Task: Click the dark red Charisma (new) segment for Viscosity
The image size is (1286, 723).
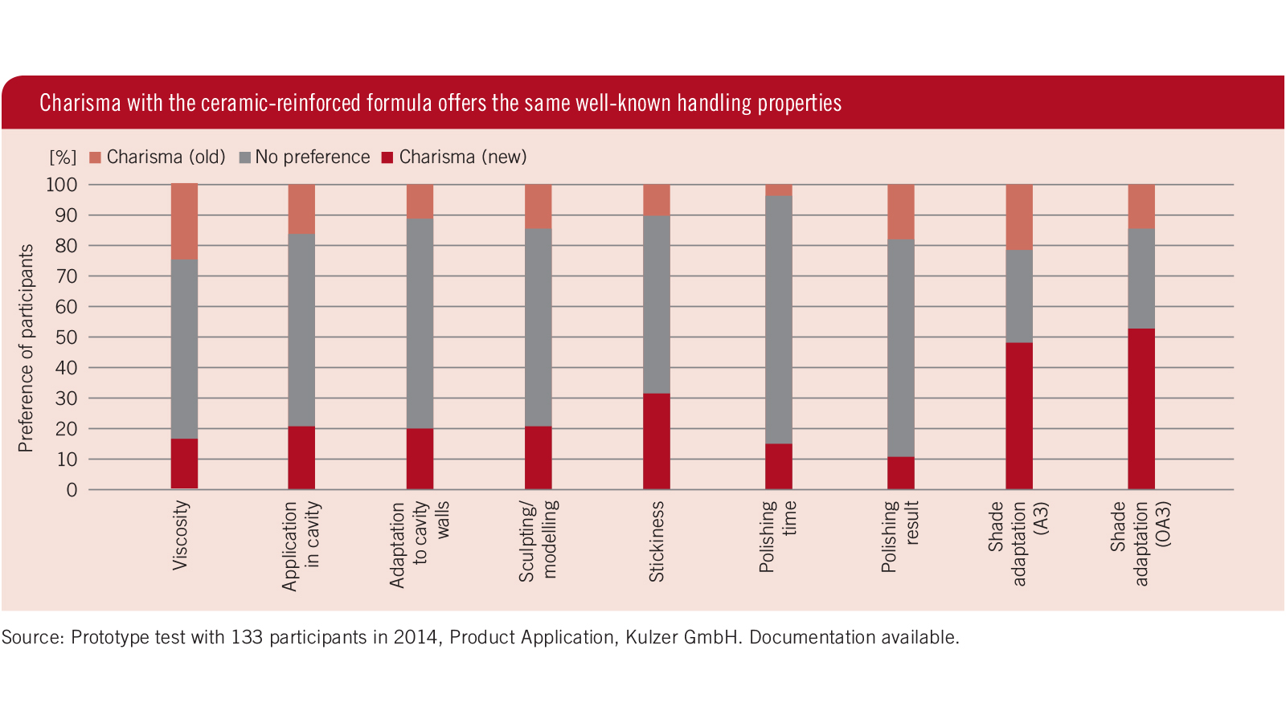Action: click(x=184, y=464)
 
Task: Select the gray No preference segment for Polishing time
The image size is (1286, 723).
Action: click(x=778, y=320)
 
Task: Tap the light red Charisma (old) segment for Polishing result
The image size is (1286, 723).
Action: click(x=900, y=211)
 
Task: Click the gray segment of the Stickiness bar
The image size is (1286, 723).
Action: click(x=656, y=304)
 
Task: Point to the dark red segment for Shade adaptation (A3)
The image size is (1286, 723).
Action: click(x=1018, y=415)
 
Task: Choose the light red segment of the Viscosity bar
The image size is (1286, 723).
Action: click(x=184, y=222)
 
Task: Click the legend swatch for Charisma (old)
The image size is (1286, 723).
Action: click(x=96, y=157)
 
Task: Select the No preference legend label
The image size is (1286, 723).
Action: click(x=312, y=157)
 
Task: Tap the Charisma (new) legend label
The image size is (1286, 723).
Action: click(x=462, y=157)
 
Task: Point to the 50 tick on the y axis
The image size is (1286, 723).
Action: click(x=67, y=337)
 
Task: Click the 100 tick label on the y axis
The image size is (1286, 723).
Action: click(x=62, y=185)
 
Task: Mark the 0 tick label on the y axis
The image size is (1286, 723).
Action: click(x=72, y=490)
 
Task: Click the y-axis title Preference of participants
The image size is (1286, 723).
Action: click(x=27, y=348)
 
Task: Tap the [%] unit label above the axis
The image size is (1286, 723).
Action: click(x=63, y=157)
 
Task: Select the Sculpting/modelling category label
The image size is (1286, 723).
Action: click(x=538, y=541)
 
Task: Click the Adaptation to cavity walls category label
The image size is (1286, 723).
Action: click(x=420, y=544)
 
